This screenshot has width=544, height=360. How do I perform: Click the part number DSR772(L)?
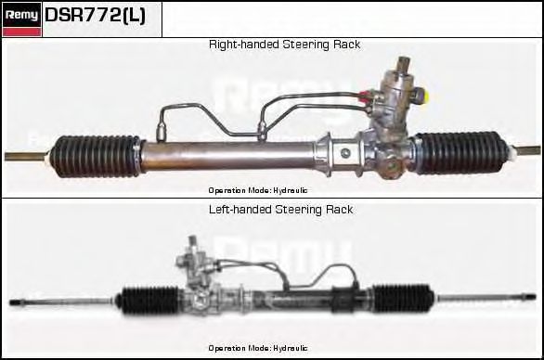(x=95, y=16)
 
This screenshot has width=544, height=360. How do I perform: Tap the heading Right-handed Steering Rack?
(x=284, y=45)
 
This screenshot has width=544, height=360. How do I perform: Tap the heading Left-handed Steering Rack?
(x=281, y=210)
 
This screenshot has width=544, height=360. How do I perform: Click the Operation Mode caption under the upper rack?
(x=258, y=190)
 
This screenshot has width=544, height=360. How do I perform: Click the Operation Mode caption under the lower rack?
(x=258, y=348)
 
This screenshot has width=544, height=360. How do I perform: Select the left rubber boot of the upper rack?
(x=95, y=157)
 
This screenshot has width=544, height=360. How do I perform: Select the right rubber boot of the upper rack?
(x=459, y=152)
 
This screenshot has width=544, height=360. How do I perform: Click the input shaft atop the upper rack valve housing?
(x=404, y=64)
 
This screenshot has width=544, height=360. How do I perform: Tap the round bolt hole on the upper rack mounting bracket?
(x=345, y=153)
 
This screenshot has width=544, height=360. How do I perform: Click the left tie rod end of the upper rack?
(x=26, y=157)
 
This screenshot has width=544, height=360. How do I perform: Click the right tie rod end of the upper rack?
(x=526, y=150)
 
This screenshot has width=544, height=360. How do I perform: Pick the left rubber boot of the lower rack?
(x=149, y=301)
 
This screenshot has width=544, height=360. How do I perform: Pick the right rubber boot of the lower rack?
(x=404, y=298)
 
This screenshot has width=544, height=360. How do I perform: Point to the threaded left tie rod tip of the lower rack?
(x=17, y=302)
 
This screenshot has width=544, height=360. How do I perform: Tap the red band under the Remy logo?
(x=21, y=32)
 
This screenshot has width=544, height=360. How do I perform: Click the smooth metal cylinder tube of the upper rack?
(x=228, y=155)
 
